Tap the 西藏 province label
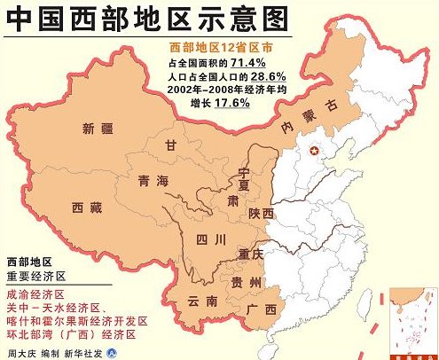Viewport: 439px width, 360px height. pos(89,207)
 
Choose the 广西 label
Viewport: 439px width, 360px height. pos(263,309)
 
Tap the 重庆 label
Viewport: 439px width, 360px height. pos(252,254)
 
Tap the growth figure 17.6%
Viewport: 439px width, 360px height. pos(230,103)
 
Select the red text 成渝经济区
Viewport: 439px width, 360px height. pos(35,291)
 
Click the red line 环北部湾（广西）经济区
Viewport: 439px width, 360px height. pos(72,333)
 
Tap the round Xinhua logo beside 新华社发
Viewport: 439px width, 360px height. pos(111,352)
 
